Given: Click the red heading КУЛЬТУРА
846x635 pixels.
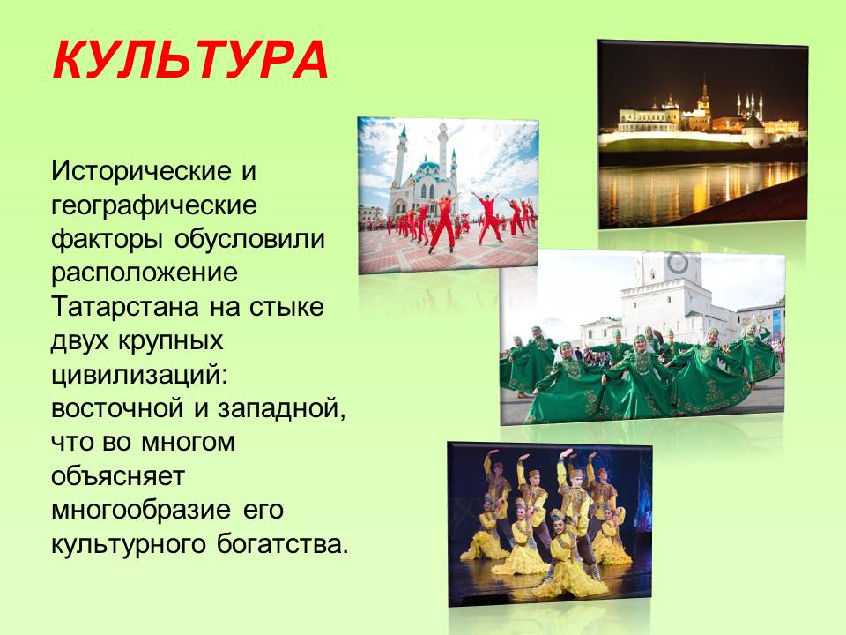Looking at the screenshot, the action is (x=191, y=61).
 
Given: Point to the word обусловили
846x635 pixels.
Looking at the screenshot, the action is (x=249, y=239).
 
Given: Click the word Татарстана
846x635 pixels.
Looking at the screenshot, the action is (x=124, y=307).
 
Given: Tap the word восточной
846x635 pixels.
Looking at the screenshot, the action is (x=117, y=408).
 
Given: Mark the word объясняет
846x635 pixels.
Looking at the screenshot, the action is (x=118, y=476).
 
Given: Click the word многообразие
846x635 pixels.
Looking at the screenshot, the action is (x=140, y=511).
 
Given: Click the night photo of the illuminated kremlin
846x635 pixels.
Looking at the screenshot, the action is (x=702, y=134).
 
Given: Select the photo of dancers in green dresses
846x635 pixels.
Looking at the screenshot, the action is (x=642, y=337).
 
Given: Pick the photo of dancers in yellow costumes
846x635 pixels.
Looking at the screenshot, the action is (x=550, y=524).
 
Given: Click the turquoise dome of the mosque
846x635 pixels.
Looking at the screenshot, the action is (x=428, y=165).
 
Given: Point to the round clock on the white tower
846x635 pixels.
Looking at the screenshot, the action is (x=678, y=263).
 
